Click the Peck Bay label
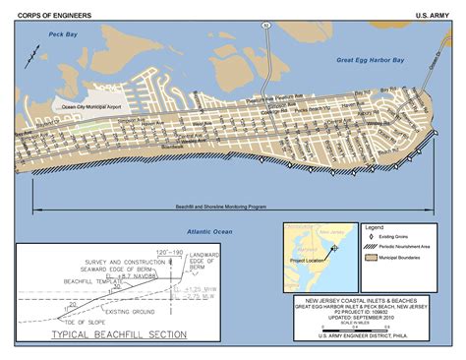tap(49, 35)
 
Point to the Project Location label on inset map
tap(306, 262)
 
